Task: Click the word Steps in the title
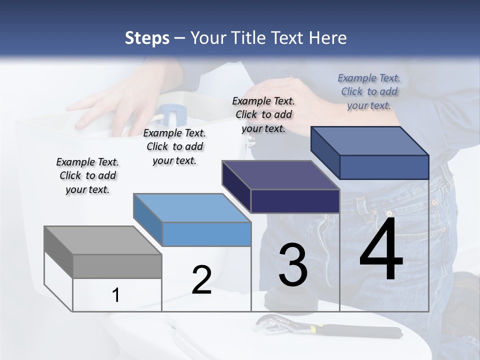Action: click(x=147, y=38)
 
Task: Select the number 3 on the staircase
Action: click(x=293, y=265)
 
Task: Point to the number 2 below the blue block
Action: click(x=201, y=280)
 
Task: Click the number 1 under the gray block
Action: click(x=116, y=295)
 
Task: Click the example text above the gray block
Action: click(x=87, y=175)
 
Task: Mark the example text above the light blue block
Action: click(x=174, y=146)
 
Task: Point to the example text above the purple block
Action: click(x=263, y=114)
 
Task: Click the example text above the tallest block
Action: click(x=369, y=91)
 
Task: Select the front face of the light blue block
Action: click(x=206, y=234)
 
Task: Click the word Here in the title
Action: click(x=328, y=38)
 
